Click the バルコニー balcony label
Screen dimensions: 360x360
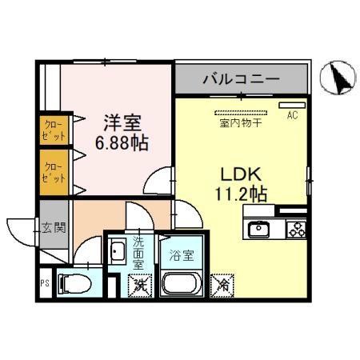coord(241,79)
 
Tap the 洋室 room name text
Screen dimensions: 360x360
coord(122,123)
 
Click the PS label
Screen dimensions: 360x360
coord(44,282)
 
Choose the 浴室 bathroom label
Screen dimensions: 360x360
coord(181,256)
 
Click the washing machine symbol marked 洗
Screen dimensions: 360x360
coord(141,283)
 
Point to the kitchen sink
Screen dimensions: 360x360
coord(259,230)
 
